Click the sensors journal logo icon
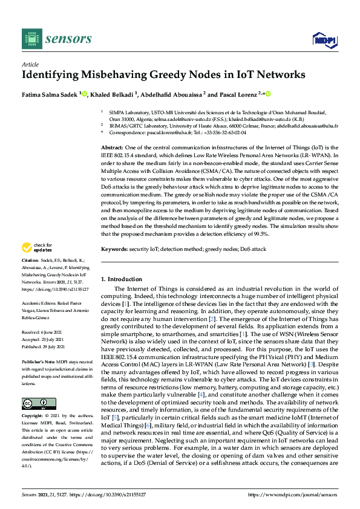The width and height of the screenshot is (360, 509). (30, 39)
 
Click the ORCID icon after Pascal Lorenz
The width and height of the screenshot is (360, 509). (267, 94)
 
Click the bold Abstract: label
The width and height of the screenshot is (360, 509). (113, 148)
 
